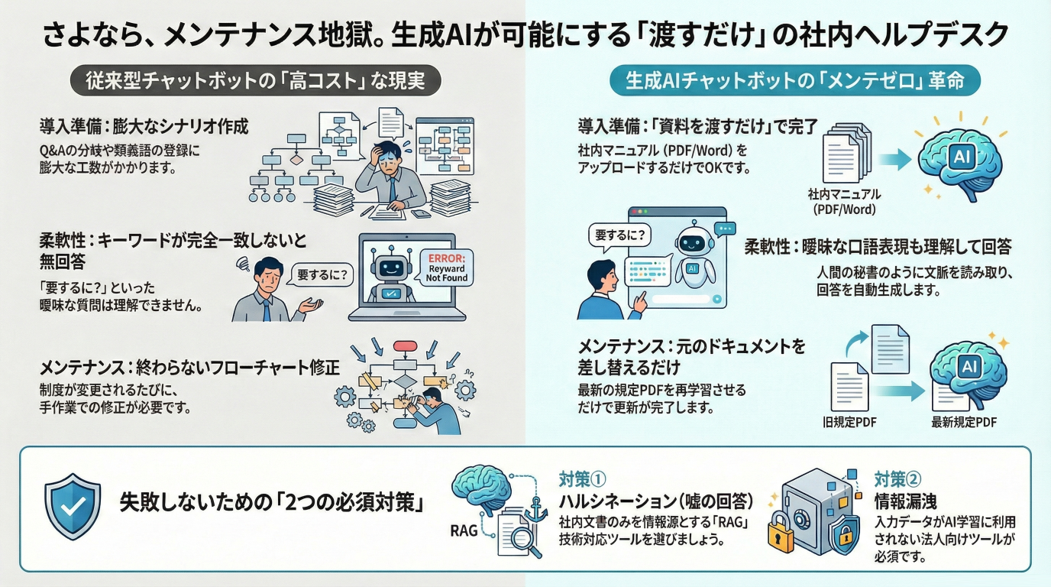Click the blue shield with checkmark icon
(x=73, y=506)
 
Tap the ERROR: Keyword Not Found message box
(x=445, y=268)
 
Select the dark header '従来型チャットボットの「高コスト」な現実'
(x=257, y=80)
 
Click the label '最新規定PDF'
(x=964, y=422)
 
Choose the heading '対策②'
(x=897, y=480)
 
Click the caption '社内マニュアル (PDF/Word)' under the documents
(x=844, y=201)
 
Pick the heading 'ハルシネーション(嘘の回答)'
(x=656, y=501)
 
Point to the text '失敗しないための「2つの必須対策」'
(x=272, y=504)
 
